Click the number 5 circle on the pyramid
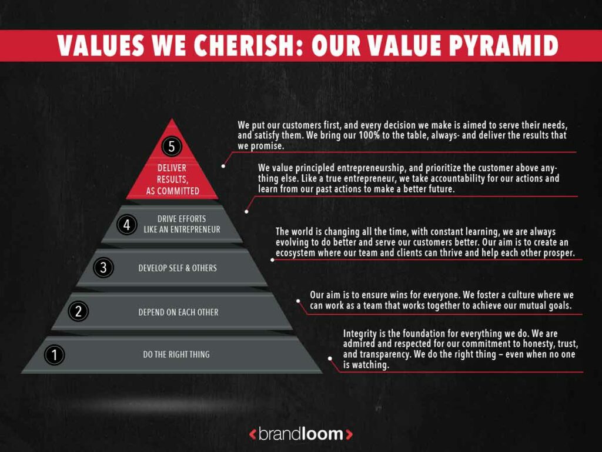172,146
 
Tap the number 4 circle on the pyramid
126,224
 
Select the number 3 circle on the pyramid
103,268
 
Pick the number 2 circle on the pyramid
78,312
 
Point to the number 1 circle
55,354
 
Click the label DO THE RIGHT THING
176,354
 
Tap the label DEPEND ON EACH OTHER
178,312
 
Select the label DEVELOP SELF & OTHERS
178,268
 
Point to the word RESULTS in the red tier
172,179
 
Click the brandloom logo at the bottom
300,434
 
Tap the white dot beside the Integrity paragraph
330,358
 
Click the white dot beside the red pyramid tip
223,166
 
